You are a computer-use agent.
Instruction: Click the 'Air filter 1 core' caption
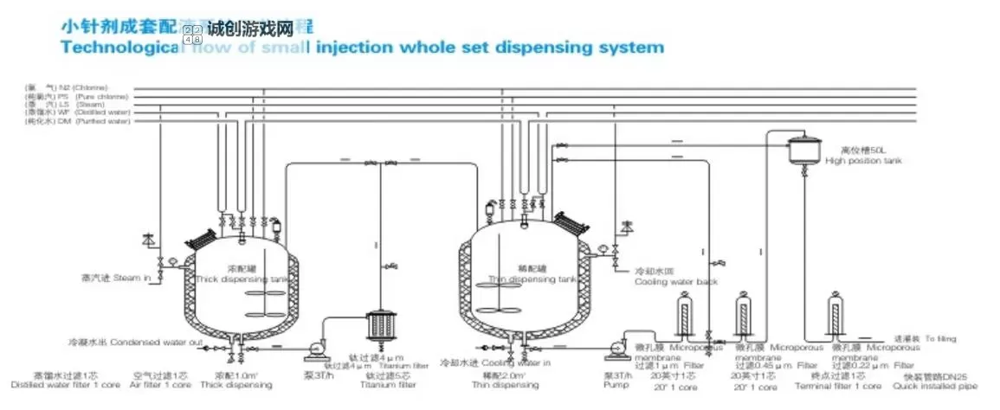click(161, 385)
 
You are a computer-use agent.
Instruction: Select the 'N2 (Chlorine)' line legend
click(83, 88)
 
